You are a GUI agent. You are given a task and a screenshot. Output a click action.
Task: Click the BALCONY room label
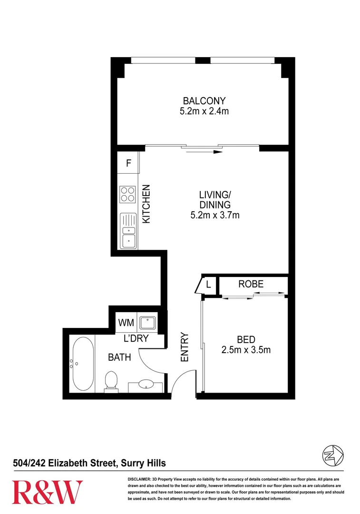point(204,101)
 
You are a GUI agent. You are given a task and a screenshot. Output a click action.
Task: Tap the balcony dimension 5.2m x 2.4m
point(204,111)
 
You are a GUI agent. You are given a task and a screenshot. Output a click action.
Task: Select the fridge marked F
point(128,163)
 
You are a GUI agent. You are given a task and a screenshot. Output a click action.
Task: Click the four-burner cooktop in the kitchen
point(127,194)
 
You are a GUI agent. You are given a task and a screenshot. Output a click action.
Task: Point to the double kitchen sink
point(128,231)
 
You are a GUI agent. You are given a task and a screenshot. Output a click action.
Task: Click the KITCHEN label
point(147,204)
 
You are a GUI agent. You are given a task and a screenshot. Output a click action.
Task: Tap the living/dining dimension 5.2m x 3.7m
point(214,215)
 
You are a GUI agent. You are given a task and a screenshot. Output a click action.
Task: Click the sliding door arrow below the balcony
point(203,152)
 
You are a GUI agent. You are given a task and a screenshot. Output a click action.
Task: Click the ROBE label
point(251,284)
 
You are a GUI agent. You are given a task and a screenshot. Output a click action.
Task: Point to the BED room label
point(246,340)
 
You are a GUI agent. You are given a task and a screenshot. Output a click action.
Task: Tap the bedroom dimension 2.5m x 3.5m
point(246,351)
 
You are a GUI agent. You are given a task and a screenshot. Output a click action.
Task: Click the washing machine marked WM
point(126,323)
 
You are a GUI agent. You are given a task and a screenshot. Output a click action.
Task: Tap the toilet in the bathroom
point(111,381)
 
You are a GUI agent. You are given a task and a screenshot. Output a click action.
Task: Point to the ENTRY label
point(185,347)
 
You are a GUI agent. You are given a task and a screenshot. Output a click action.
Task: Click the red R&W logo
point(47,493)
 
